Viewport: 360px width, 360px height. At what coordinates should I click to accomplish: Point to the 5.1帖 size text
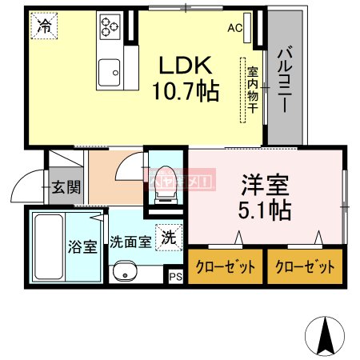(263, 210)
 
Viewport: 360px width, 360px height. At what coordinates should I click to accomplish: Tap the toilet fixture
(166, 181)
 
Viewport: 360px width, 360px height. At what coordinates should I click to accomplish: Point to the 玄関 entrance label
(66, 188)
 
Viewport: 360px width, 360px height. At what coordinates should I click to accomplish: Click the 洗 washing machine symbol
(169, 236)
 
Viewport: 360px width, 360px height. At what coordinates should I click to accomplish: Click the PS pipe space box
(176, 277)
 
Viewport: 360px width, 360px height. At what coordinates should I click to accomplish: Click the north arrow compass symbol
(325, 336)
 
